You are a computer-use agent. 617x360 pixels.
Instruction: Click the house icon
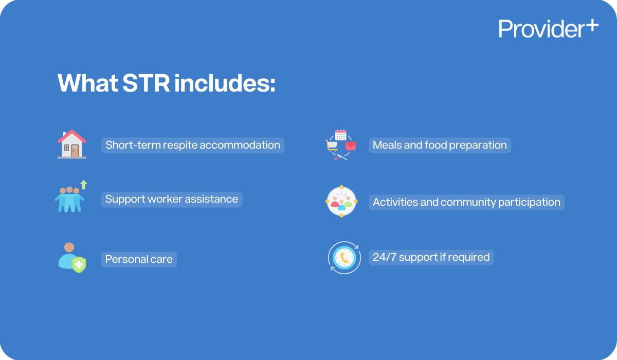(72, 144)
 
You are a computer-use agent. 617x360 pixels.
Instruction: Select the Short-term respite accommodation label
(193, 145)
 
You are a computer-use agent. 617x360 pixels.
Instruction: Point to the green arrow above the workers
(84, 184)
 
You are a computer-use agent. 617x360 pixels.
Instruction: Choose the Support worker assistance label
(172, 199)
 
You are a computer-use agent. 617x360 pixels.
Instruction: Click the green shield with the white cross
(78, 265)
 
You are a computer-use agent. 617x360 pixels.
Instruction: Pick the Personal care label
(139, 259)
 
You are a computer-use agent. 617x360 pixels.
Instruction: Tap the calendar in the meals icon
(340, 135)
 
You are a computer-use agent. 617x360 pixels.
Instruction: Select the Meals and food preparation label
(440, 145)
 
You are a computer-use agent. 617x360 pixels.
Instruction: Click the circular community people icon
(341, 202)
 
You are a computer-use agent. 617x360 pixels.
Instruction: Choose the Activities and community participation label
(466, 202)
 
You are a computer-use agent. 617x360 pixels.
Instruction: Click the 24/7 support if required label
(431, 257)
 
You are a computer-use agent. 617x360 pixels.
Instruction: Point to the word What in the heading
(87, 83)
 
